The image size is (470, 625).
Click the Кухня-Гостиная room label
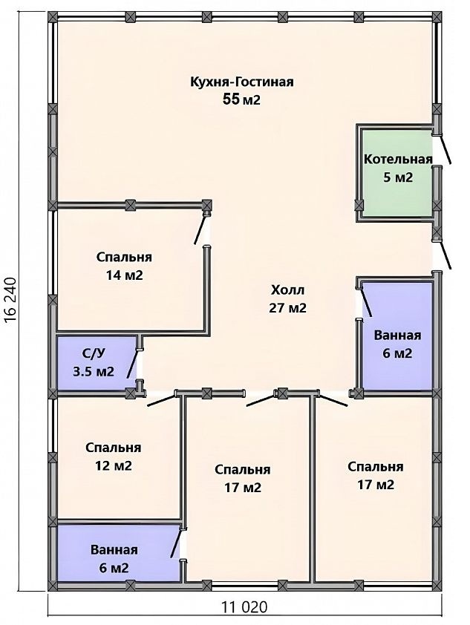[x=241, y=82]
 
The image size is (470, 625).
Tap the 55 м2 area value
[x=241, y=99]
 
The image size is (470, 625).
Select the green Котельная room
[x=396, y=174]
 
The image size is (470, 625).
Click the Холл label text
[x=287, y=289]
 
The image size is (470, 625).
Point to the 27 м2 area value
[x=287, y=308]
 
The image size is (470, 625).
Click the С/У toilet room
[x=97, y=363]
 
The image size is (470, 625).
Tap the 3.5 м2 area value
[x=94, y=371]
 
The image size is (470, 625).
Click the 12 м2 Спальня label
[x=113, y=457]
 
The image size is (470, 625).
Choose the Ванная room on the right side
[x=397, y=336]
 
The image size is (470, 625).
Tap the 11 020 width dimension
[x=244, y=607]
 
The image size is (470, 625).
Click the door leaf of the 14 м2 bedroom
[x=200, y=229]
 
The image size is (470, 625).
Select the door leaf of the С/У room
[x=133, y=364]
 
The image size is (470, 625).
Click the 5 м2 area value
[x=398, y=177]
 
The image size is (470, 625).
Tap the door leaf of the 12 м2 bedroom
[x=161, y=401]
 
